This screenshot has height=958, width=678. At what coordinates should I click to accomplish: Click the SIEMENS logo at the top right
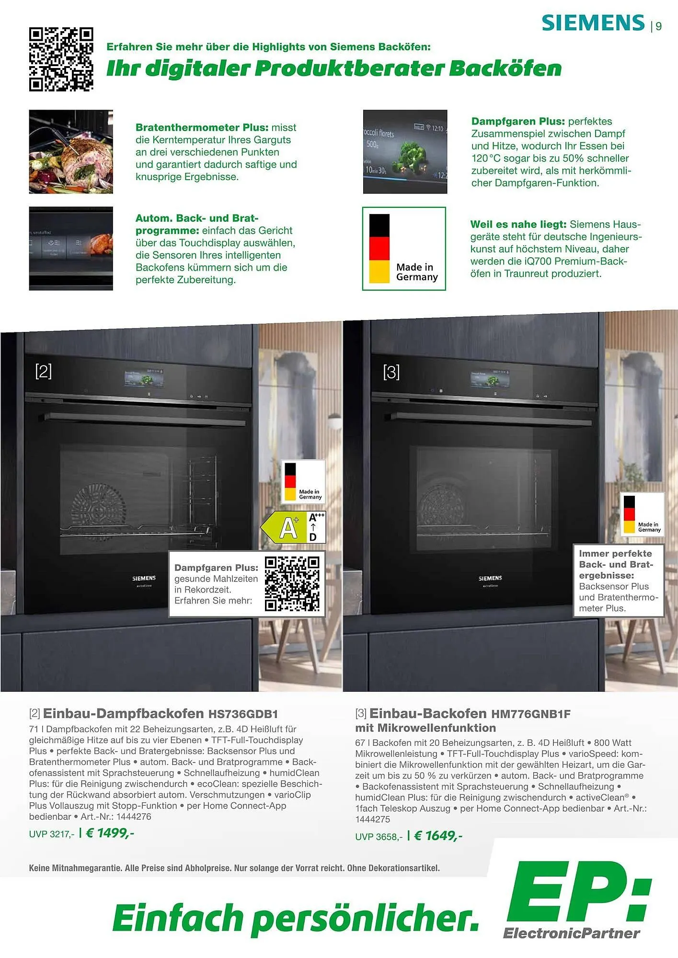click(x=593, y=23)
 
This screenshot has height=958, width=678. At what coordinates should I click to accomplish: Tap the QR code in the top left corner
click(x=61, y=59)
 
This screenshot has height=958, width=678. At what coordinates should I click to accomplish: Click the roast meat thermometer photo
click(x=71, y=151)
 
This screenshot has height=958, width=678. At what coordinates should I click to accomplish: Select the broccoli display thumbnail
click(x=405, y=151)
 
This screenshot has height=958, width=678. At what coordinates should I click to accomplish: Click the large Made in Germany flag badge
click(x=404, y=249)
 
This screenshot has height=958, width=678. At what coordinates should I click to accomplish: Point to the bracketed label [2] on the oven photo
click(x=44, y=371)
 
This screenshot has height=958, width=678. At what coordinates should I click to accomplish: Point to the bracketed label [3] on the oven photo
click(x=391, y=372)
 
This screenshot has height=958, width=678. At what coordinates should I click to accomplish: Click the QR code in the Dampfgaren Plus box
click(x=292, y=584)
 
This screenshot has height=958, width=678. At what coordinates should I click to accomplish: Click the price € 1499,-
click(x=110, y=833)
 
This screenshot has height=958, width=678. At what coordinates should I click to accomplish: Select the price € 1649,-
click(x=438, y=836)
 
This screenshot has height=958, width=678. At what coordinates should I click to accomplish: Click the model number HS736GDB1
click(x=243, y=714)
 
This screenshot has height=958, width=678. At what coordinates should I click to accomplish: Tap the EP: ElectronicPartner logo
click(x=577, y=901)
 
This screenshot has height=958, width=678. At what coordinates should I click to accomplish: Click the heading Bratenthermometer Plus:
click(x=202, y=127)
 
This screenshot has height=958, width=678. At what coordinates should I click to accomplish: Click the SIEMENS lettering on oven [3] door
click(x=490, y=578)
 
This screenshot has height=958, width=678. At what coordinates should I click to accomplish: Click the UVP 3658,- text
click(x=379, y=837)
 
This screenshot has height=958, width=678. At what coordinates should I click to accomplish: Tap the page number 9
click(x=659, y=27)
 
